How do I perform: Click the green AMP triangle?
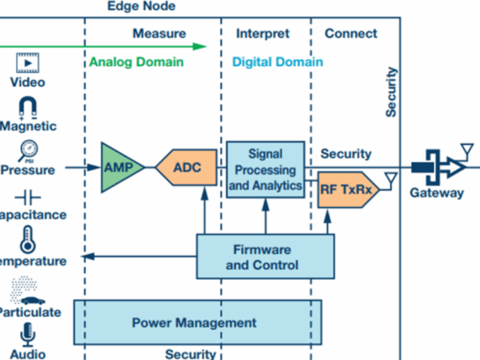pyautogui.click(x=118, y=167)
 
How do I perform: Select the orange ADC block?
pyautogui.click(x=188, y=167)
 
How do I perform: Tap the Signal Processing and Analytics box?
pyautogui.click(x=265, y=169)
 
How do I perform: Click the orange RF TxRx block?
pyautogui.click(x=346, y=190)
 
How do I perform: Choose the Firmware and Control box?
pyautogui.click(x=262, y=256)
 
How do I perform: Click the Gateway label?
pyautogui.click(x=436, y=193)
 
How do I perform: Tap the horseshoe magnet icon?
pyautogui.click(x=28, y=107)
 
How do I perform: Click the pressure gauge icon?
pyautogui.click(x=28, y=150)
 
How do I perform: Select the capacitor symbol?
pyautogui.click(x=28, y=197)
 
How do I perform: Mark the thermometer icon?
pyautogui.click(x=28, y=239)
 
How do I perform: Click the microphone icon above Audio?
pyautogui.click(x=28, y=332)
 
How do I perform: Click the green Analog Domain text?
pyautogui.click(x=136, y=62)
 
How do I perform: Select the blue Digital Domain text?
pyautogui.click(x=277, y=62)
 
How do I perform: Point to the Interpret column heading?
pyautogui.click(x=262, y=34)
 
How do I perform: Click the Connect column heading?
pyautogui.click(x=351, y=34)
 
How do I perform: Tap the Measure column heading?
pyautogui.click(x=159, y=34)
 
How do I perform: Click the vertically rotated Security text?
pyautogui.click(x=391, y=92)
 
